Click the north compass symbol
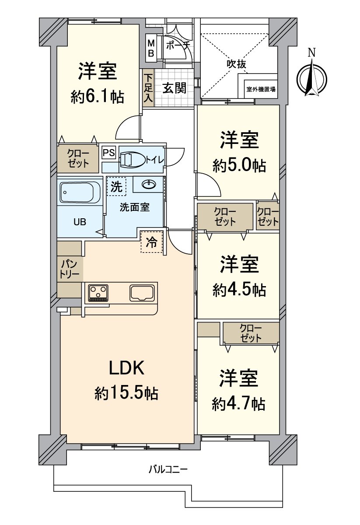(x=311, y=79)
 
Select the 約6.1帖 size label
(x=98, y=97)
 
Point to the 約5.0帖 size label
(x=240, y=165)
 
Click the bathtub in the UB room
(x=80, y=192)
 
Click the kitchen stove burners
(x=98, y=293)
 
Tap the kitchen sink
(x=141, y=293)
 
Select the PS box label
(x=108, y=153)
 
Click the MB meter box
(x=151, y=49)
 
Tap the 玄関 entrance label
(x=175, y=88)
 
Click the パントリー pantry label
(x=70, y=269)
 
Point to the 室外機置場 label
(x=261, y=89)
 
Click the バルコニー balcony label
(x=168, y=470)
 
